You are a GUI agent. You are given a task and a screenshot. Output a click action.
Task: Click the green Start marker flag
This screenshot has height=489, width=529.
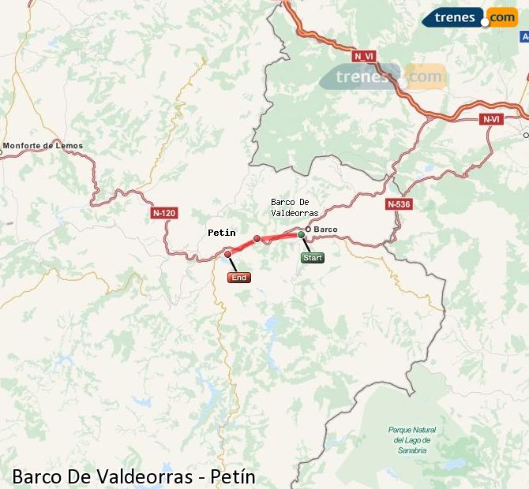click(x=312, y=257)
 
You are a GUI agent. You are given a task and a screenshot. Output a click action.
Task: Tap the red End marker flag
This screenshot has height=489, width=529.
click(x=238, y=278)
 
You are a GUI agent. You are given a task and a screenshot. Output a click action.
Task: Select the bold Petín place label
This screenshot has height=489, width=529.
click(x=221, y=233)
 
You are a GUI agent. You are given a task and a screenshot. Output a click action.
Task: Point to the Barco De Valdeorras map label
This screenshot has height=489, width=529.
click(x=295, y=207)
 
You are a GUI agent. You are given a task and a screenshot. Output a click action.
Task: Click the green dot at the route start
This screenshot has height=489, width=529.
click(x=301, y=234)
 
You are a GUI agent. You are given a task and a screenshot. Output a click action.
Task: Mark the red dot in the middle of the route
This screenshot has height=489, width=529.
click(x=257, y=238)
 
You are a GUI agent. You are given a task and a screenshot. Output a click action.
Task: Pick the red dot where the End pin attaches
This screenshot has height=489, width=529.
click(x=227, y=254)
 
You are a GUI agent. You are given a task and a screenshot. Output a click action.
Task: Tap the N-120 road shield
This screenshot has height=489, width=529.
click(x=164, y=213)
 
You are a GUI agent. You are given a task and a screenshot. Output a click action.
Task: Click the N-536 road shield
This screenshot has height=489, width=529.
click(x=399, y=204)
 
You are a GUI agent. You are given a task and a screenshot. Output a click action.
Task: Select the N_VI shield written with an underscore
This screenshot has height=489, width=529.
click(x=364, y=56)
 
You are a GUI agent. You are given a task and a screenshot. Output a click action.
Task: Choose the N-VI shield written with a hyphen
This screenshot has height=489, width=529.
click(x=490, y=119)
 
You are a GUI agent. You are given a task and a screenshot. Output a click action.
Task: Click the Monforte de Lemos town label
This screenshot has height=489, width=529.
click(x=43, y=146)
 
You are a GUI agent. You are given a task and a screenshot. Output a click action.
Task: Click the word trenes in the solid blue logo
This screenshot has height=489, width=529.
click(x=455, y=17)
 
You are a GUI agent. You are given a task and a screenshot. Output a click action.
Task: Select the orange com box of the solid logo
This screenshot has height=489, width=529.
click(x=502, y=17)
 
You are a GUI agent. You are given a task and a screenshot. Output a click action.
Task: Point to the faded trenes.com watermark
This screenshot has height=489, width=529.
click(x=383, y=77)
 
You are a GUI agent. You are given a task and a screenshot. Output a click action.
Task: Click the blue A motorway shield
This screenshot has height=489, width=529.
click(x=524, y=37)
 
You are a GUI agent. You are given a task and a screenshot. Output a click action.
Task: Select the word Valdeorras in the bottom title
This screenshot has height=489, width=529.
click(x=145, y=476)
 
